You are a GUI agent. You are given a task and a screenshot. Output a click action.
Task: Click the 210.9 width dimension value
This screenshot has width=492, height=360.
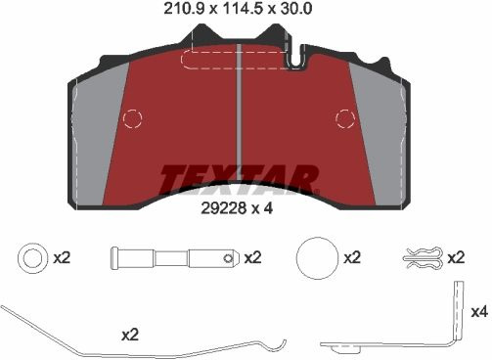(x=184, y=9)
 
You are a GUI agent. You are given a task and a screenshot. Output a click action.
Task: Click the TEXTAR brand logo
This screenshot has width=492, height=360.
(x=239, y=180)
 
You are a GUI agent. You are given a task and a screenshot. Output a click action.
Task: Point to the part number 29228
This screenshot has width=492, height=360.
(x=223, y=208)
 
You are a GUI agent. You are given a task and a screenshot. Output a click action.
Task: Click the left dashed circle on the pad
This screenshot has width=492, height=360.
(x=132, y=118)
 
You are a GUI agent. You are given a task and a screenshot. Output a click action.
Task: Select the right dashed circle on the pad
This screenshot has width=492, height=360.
(x=345, y=118)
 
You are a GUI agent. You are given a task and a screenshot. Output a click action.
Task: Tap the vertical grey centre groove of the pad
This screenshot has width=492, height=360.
(x=239, y=111)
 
